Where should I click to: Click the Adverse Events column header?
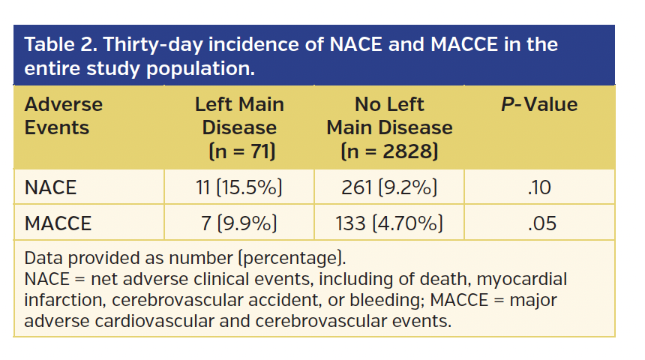[x=63, y=116]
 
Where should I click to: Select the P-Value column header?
[x=538, y=105]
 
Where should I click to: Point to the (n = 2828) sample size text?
[x=389, y=152]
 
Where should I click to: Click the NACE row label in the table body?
[x=50, y=187]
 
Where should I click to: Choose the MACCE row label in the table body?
[x=58, y=223]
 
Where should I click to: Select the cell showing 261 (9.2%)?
[x=389, y=187]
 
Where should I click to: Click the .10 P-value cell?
[x=538, y=187]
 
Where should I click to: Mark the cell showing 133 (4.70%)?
[x=389, y=223]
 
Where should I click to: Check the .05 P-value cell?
[x=538, y=223]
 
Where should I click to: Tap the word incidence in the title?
[x=247, y=44]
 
